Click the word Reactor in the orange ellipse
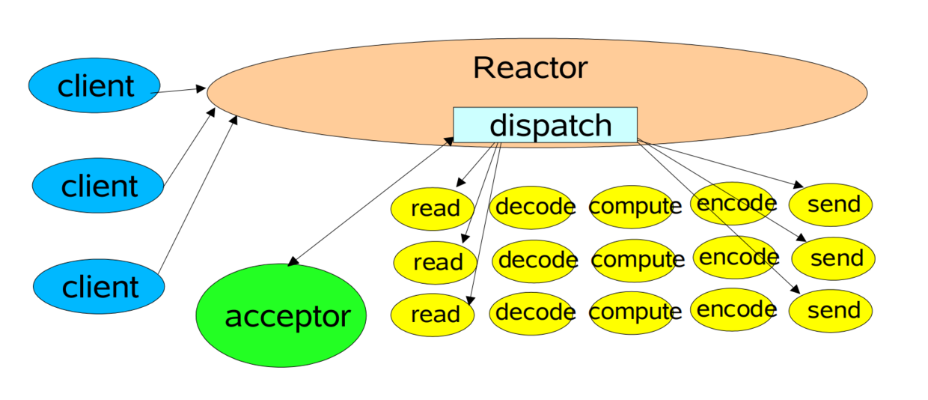tap(530, 68)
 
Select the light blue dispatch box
tap(545, 125)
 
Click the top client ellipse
tap(94, 86)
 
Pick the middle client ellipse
tap(98, 186)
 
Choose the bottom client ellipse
tap(98, 287)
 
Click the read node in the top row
tap(433, 207)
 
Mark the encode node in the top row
tap(733, 204)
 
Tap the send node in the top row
tap(831, 204)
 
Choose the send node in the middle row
tap(834, 258)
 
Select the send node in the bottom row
tap(831, 310)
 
